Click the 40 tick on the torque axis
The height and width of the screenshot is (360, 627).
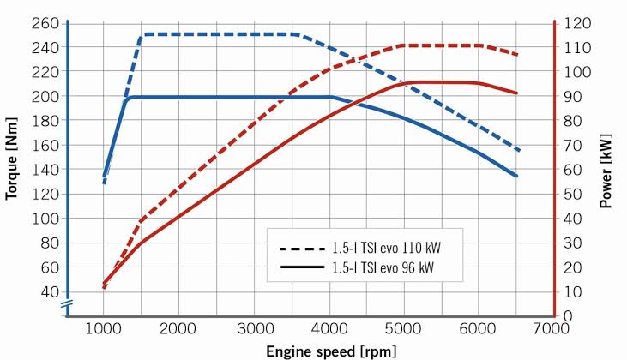coord(48,291)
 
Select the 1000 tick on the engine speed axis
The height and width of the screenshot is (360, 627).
coord(104,329)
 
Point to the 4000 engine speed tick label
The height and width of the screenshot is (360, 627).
coord(330,329)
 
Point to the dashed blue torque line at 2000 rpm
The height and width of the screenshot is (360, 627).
coord(179,34)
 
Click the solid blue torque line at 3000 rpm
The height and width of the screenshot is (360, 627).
coord(255,97)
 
